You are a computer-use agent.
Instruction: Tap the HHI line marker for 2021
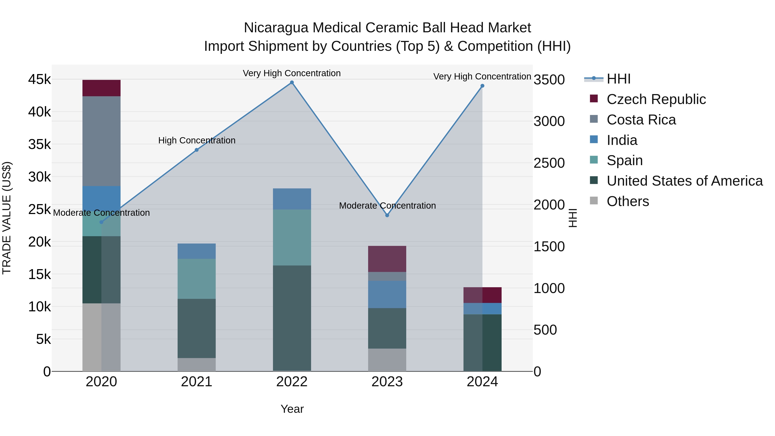click(197, 150)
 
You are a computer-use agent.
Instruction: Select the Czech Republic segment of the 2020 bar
click(101, 88)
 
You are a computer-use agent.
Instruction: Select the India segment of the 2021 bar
click(197, 251)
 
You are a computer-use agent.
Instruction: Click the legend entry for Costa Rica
click(641, 120)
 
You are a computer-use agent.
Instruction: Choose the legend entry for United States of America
click(684, 181)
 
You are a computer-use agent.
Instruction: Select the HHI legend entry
click(618, 79)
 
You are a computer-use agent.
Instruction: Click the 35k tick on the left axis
click(39, 144)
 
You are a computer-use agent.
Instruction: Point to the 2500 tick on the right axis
click(549, 163)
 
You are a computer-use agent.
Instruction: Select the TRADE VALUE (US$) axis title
click(7, 218)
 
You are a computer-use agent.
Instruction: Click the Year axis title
click(292, 409)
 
